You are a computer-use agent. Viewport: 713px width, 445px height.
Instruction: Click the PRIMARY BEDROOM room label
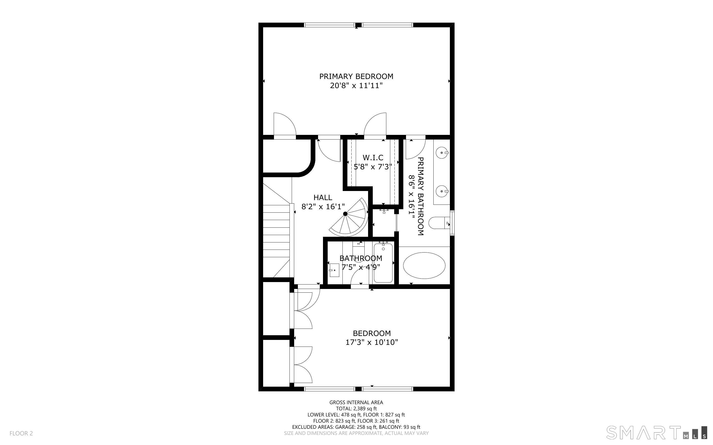click(x=356, y=76)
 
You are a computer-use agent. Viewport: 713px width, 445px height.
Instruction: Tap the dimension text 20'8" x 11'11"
click(x=356, y=86)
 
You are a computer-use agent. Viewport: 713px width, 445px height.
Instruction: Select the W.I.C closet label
click(x=373, y=158)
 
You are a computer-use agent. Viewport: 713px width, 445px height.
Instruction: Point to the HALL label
click(x=323, y=197)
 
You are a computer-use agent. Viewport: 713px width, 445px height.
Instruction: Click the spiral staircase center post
click(x=345, y=214)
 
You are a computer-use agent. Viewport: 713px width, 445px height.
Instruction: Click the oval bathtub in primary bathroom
click(x=424, y=265)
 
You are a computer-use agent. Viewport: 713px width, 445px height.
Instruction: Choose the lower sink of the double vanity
click(x=442, y=191)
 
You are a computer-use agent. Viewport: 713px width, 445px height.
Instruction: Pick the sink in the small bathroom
click(x=333, y=270)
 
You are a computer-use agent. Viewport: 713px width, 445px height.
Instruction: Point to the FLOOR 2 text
click(x=21, y=433)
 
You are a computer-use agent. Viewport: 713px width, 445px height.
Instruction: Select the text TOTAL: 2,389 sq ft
click(x=356, y=409)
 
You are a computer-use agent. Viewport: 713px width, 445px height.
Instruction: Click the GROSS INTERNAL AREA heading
click(x=356, y=402)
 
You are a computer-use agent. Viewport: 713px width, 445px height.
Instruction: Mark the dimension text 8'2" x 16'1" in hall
click(x=323, y=207)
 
